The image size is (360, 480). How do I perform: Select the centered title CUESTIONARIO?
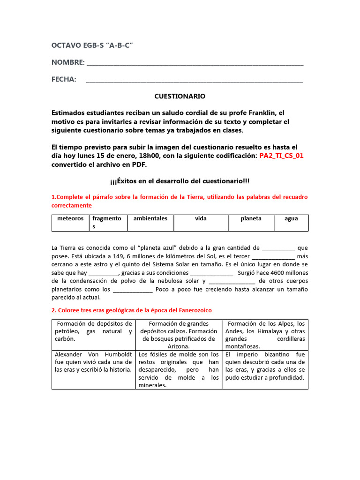click(180, 96)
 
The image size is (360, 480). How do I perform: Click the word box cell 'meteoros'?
click(70, 219)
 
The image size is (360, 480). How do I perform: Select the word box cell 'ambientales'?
click(150, 219)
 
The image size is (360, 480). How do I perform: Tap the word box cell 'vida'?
click(201, 219)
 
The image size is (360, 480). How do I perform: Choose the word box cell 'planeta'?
click(251, 219)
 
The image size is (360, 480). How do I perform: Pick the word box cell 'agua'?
click(291, 219)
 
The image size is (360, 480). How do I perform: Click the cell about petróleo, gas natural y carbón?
click(93, 331)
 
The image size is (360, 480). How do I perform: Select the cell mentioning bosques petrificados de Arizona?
click(178, 335)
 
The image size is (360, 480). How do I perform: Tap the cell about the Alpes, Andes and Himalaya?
click(265, 335)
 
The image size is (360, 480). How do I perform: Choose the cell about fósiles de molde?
click(178, 369)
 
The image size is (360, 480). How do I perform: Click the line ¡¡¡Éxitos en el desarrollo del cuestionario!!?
click(180, 181)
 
